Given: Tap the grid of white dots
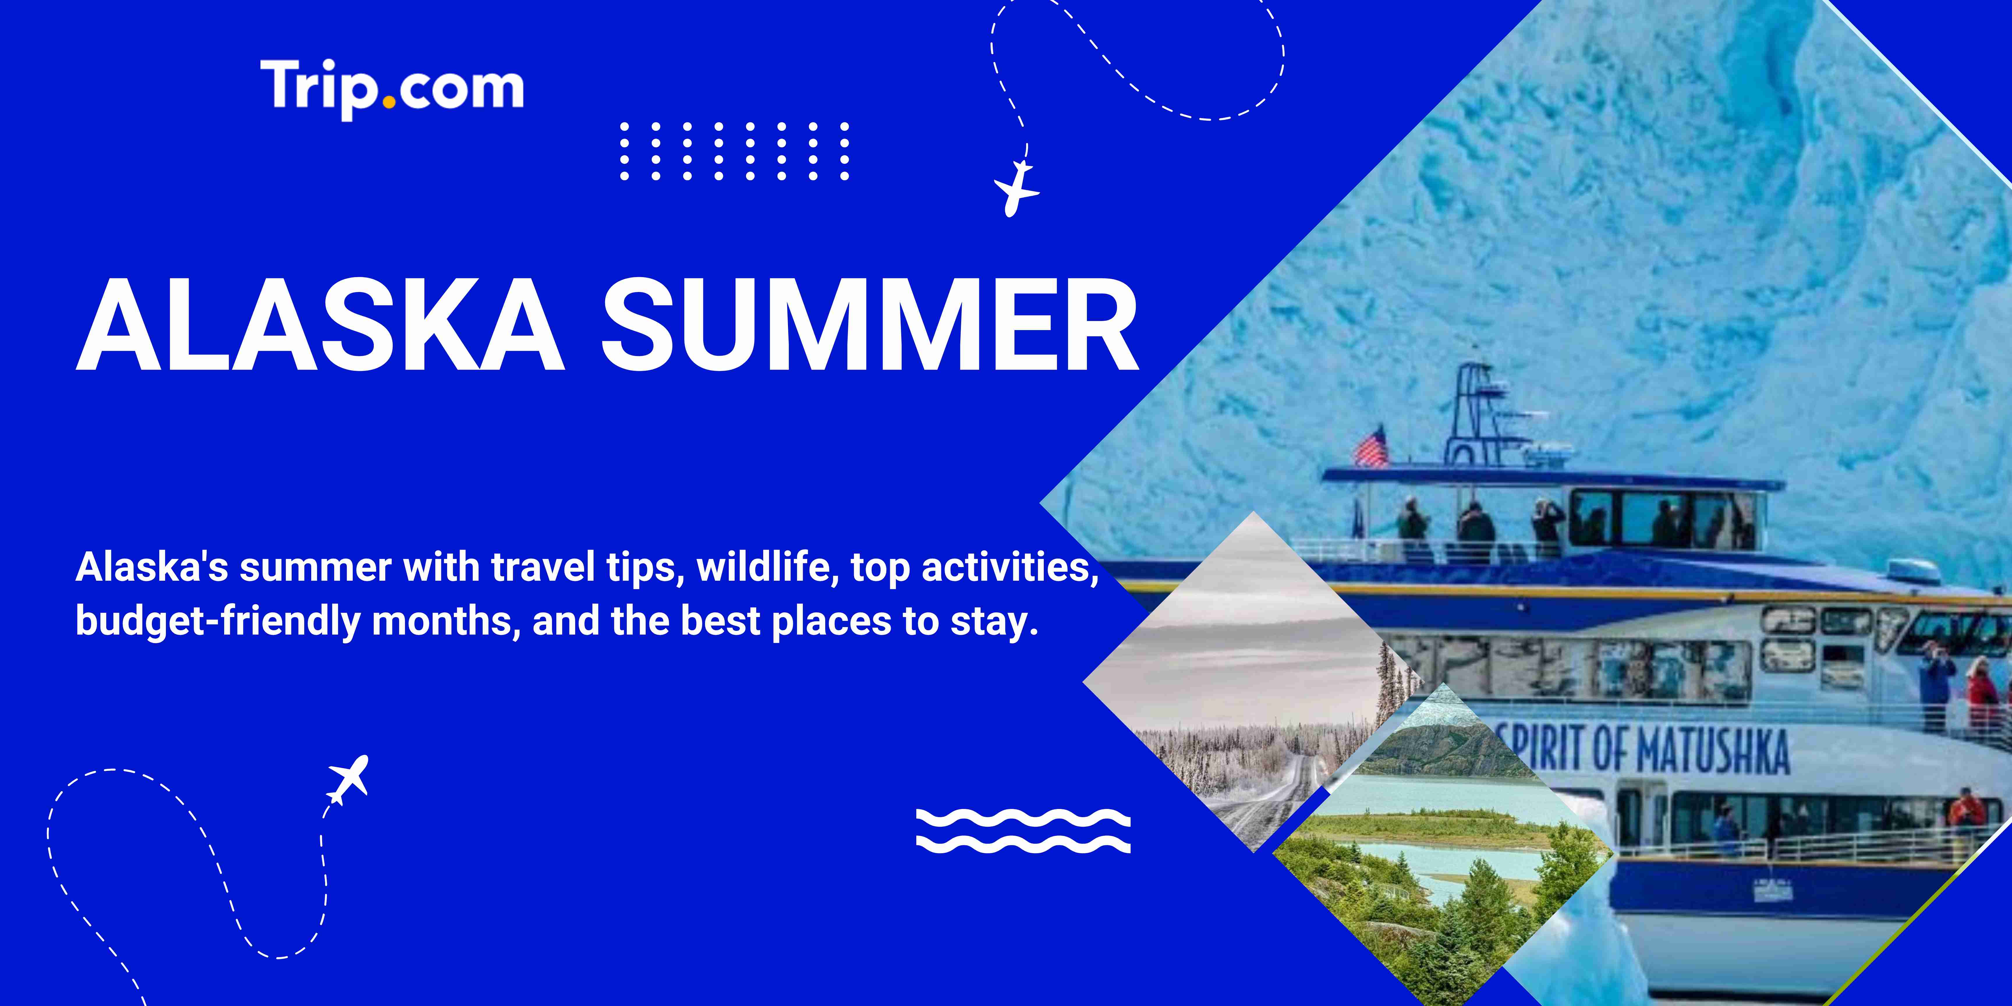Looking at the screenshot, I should [734, 151].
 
